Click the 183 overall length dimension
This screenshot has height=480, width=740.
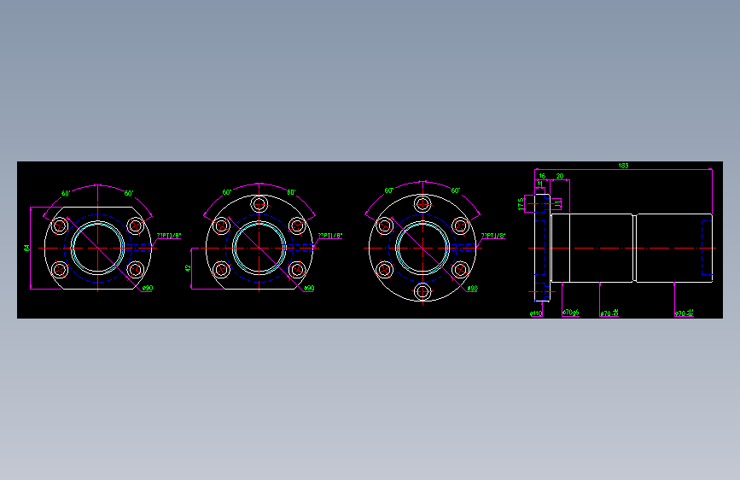[623, 166]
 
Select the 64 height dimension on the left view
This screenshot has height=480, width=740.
[27, 248]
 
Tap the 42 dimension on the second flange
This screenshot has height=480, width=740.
[188, 268]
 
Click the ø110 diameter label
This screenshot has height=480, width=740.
[536, 313]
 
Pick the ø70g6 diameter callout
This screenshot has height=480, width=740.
[571, 313]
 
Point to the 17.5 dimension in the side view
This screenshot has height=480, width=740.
[521, 204]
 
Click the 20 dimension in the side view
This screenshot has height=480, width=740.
[560, 176]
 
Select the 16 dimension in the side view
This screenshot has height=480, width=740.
[542, 176]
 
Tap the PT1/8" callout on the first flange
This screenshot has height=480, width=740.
[169, 235]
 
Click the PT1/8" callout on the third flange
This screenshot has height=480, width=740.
[492, 235]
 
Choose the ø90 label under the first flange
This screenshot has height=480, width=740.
[147, 289]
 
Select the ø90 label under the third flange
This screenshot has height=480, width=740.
[472, 289]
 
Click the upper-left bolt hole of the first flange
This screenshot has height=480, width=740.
[60, 226]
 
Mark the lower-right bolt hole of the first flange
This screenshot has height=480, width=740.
[136, 270]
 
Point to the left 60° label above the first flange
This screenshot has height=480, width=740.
[66, 193]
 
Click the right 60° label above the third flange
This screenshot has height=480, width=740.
[456, 191]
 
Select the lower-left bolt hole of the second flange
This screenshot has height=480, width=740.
[221, 270]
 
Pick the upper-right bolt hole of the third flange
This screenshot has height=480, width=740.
[460, 226]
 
